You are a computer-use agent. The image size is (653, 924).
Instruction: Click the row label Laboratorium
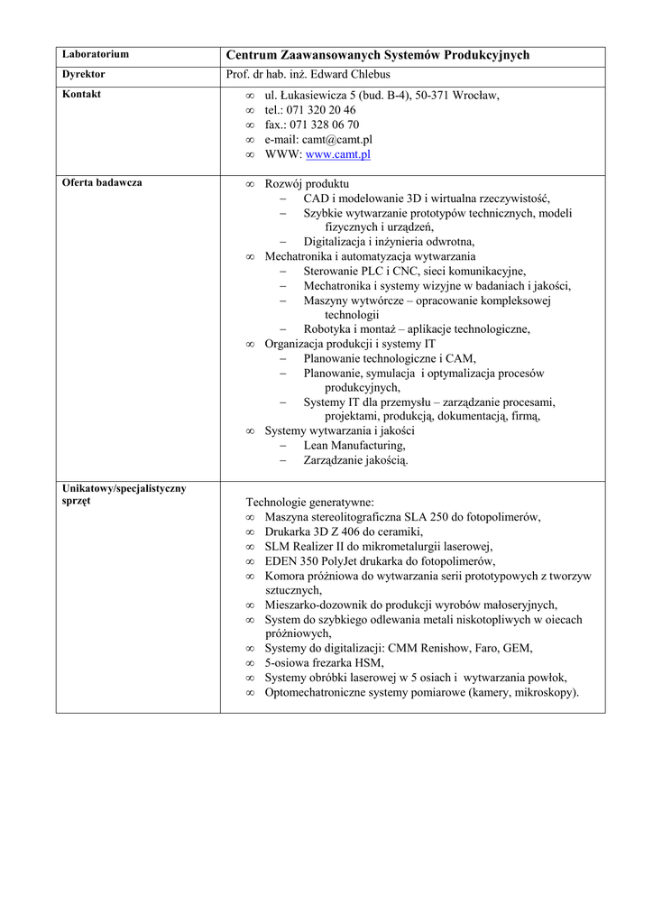pyautogui.click(x=96, y=54)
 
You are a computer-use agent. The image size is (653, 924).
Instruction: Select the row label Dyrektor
pyautogui.click(x=84, y=74)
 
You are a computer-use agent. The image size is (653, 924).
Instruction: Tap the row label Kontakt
pyautogui.click(x=82, y=94)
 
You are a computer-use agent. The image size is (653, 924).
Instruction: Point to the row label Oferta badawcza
pyautogui.click(x=102, y=182)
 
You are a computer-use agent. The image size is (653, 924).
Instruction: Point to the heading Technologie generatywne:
pyautogui.click(x=309, y=502)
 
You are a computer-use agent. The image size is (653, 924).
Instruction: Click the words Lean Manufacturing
pyautogui.click(x=354, y=445)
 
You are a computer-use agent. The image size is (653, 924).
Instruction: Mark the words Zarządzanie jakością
pyautogui.click(x=355, y=460)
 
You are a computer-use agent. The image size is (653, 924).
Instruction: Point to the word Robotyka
pyautogui.click(x=326, y=328)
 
